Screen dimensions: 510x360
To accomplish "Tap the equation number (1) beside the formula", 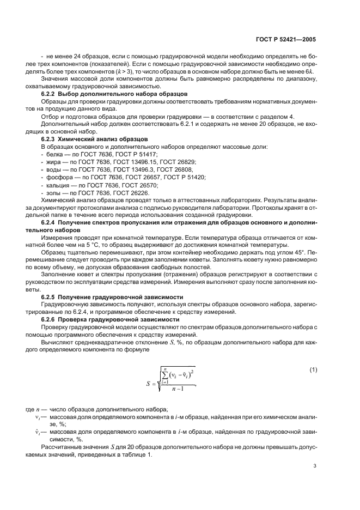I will point(313,370).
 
